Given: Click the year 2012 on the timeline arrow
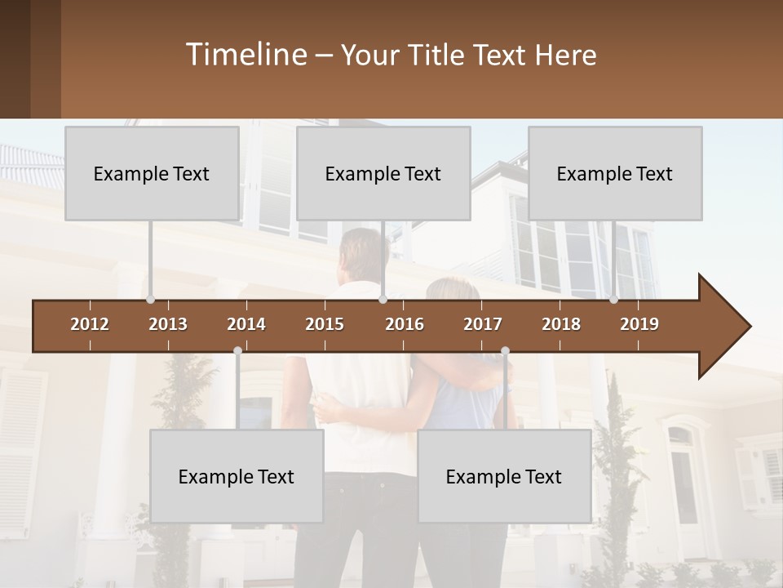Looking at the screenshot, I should pyautogui.click(x=90, y=324).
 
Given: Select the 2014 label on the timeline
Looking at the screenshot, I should pyautogui.click(x=246, y=324).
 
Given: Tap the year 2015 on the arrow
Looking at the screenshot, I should pyautogui.click(x=325, y=324).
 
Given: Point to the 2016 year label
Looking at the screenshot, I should pyautogui.click(x=405, y=324).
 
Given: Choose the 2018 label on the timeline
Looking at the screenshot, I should pyautogui.click(x=561, y=324).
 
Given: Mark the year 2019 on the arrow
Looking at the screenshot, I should pyautogui.click(x=639, y=324).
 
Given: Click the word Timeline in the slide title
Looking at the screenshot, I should pyautogui.click(x=245, y=55).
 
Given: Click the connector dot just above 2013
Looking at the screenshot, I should pyautogui.click(x=150, y=299).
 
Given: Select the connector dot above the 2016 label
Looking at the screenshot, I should pyautogui.click(x=383, y=299).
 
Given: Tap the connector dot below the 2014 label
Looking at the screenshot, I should pyautogui.click(x=237, y=351).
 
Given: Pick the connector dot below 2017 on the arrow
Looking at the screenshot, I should pyautogui.click(x=505, y=351).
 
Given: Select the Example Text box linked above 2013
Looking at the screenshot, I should pyautogui.click(x=152, y=173).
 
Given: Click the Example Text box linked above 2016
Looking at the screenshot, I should pyautogui.click(x=383, y=173).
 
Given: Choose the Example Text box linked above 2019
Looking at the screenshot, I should pyautogui.click(x=615, y=173).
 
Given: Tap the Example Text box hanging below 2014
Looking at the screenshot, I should pyautogui.click(x=237, y=476).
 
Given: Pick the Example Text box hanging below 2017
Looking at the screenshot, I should pyautogui.click(x=504, y=476).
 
